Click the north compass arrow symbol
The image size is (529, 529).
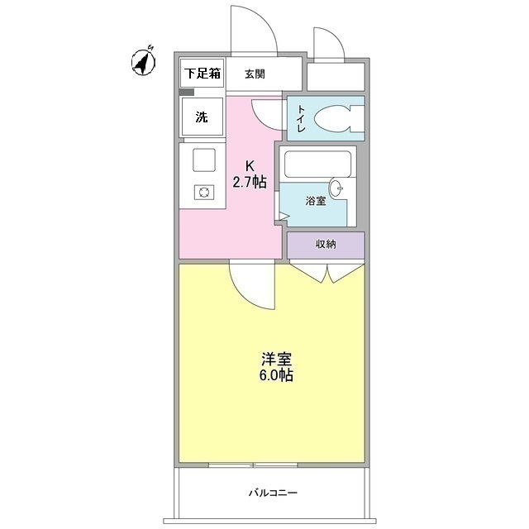pyautogui.click(x=145, y=62)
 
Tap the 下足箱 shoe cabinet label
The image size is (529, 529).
pyautogui.click(x=203, y=74)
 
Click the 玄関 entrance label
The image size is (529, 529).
pyautogui.click(x=255, y=74)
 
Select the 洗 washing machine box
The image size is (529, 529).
pyautogui.click(x=202, y=117)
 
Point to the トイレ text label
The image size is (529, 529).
pyautogui.click(x=301, y=118)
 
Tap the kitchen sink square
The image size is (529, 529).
pyautogui.click(x=203, y=158)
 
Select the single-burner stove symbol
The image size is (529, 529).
pyautogui.click(x=203, y=192)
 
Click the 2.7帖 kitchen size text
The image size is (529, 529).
pyautogui.click(x=248, y=182)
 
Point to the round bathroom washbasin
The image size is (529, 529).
pyautogui.click(x=339, y=187)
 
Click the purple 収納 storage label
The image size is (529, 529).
pyautogui.click(x=325, y=245)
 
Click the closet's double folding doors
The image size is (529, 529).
pyautogui.click(x=326, y=272)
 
